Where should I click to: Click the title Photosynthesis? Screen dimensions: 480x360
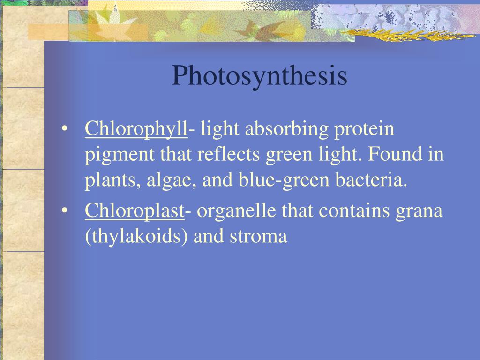260,76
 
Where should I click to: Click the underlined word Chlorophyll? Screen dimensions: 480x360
136,129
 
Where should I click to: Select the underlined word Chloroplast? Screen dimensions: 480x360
135,211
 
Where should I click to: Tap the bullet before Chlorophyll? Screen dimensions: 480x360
64,128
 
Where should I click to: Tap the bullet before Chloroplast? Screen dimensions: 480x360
64,211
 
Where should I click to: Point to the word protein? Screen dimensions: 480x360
364,129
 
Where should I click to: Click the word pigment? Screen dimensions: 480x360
120,155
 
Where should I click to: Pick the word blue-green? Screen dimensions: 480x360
284,180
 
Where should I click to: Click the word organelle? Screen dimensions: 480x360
236,212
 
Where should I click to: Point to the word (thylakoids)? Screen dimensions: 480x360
136,237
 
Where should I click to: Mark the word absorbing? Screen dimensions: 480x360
286,129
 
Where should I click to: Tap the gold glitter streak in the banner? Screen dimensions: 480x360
407,35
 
